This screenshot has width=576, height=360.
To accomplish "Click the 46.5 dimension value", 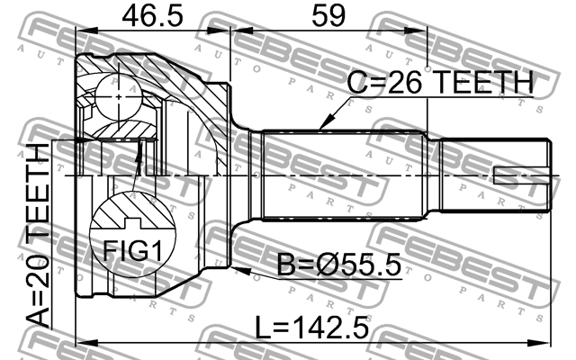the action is click(152, 16).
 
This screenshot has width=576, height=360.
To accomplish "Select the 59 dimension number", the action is click(328, 16).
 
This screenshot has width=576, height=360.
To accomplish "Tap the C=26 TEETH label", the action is click(440, 82).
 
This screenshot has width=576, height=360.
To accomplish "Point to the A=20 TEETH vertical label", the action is click(38, 236).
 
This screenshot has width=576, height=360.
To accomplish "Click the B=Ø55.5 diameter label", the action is click(338, 265).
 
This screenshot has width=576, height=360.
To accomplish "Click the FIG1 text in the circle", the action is click(132, 250).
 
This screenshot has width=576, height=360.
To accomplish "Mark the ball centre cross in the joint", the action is click(118, 97).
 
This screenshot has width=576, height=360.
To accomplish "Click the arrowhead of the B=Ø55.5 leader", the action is click(239, 271).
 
